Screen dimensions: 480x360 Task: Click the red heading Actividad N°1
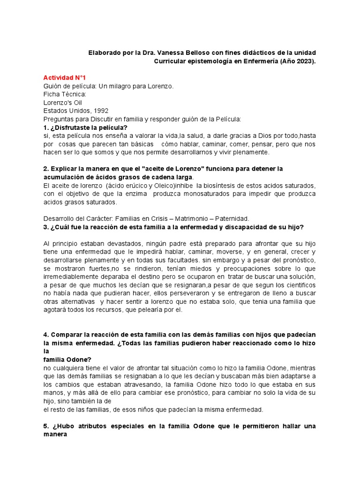click(65, 77)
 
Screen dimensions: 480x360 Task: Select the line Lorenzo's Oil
click(63, 103)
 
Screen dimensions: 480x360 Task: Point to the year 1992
click(99, 111)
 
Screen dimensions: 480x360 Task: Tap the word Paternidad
click(232, 219)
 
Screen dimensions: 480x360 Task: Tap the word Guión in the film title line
click(52, 86)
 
